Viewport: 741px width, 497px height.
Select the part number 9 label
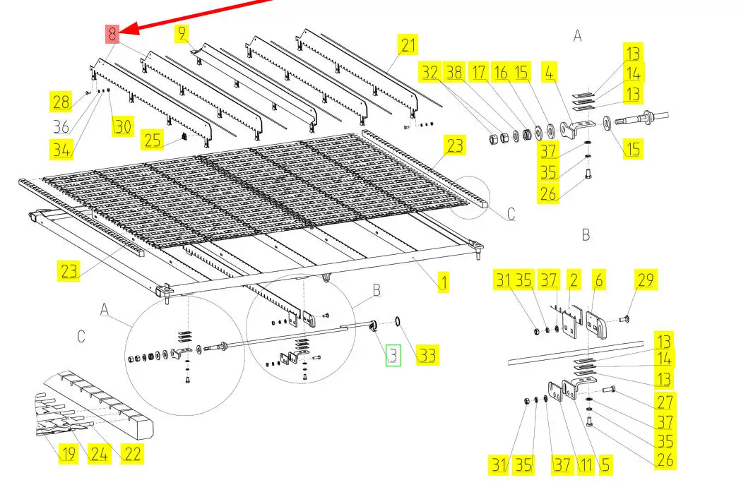click(x=182, y=32)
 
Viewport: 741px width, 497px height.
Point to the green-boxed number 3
click(x=393, y=356)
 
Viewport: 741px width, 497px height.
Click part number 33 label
click(x=427, y=355)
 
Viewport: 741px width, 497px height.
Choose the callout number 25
click(x=153, y=139)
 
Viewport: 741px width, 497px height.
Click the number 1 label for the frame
click(x=444, y=284)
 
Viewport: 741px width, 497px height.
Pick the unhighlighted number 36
click(x=62, y=127)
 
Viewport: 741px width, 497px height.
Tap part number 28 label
click(x=61, y=102)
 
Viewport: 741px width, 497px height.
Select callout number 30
click(x=123, y=126)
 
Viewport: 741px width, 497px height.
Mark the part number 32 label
click(x=429, y=72)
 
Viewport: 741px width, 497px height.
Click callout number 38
click(x=454, y=72)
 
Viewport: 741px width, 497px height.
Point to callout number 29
click(x=646, y=280)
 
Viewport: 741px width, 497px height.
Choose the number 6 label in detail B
click(x=598, y=280)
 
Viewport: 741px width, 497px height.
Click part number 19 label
click(x=68, y=453)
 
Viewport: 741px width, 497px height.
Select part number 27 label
click(x=665, y=401)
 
